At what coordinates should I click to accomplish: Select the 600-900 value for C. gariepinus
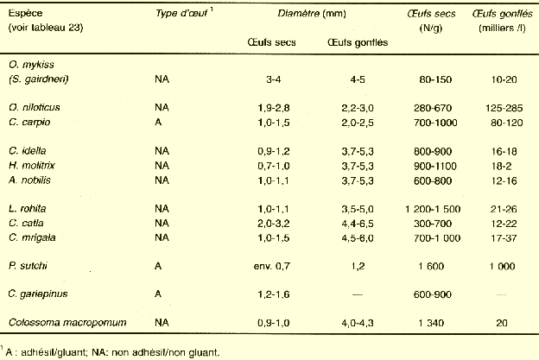coord(428,294)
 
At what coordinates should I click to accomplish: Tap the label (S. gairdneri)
coord(38,79)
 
